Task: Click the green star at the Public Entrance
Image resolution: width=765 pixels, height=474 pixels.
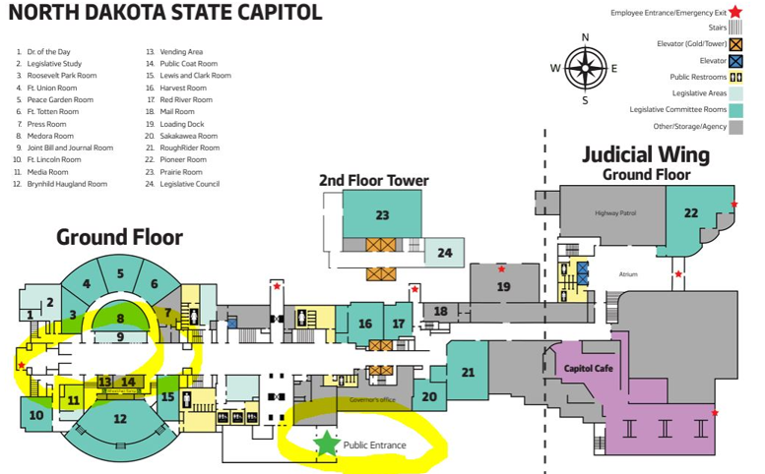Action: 327,444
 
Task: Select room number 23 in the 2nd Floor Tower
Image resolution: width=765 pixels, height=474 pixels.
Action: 382,214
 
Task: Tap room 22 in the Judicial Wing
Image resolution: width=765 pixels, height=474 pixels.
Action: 691,212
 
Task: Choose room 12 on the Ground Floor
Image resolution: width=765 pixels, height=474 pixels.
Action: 120,419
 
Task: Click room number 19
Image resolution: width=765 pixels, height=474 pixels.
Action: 503,287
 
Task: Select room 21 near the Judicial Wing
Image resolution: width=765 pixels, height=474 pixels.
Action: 468,372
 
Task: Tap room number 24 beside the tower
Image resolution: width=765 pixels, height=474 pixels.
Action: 445,253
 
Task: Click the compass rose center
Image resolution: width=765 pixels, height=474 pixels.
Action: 585,68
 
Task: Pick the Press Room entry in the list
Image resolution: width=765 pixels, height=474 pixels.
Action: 46,124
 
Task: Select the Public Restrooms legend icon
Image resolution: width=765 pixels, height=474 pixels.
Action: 734,77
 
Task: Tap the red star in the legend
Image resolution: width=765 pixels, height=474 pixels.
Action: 734,12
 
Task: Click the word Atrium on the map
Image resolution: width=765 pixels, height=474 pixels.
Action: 630,274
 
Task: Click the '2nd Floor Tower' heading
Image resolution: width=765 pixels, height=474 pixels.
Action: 373,180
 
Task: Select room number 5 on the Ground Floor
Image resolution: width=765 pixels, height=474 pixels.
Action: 120,273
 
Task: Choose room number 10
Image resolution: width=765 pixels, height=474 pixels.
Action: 35,415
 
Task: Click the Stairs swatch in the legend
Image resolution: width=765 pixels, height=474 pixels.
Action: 734,28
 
